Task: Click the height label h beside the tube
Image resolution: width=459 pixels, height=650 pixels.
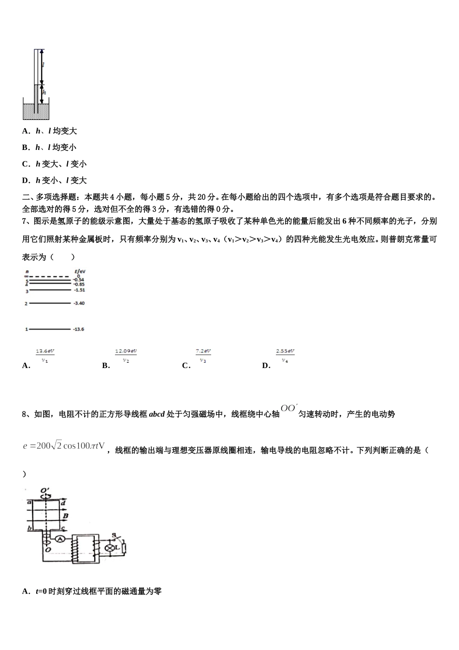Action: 44,92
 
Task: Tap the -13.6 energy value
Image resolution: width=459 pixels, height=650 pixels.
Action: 79,329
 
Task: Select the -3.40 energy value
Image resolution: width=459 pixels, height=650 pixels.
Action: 79,303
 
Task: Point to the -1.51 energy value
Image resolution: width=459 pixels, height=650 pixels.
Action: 79,290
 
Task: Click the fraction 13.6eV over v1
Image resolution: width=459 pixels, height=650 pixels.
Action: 45,355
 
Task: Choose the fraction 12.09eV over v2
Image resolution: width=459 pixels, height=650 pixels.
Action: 126,355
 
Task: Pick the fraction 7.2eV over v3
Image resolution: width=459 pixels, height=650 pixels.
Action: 203,355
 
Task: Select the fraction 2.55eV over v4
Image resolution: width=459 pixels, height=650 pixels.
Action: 285,355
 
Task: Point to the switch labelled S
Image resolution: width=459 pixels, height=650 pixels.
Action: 114,535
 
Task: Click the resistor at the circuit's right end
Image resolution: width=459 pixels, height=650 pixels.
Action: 124,548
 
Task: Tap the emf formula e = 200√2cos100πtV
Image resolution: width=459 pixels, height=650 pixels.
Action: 64,445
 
